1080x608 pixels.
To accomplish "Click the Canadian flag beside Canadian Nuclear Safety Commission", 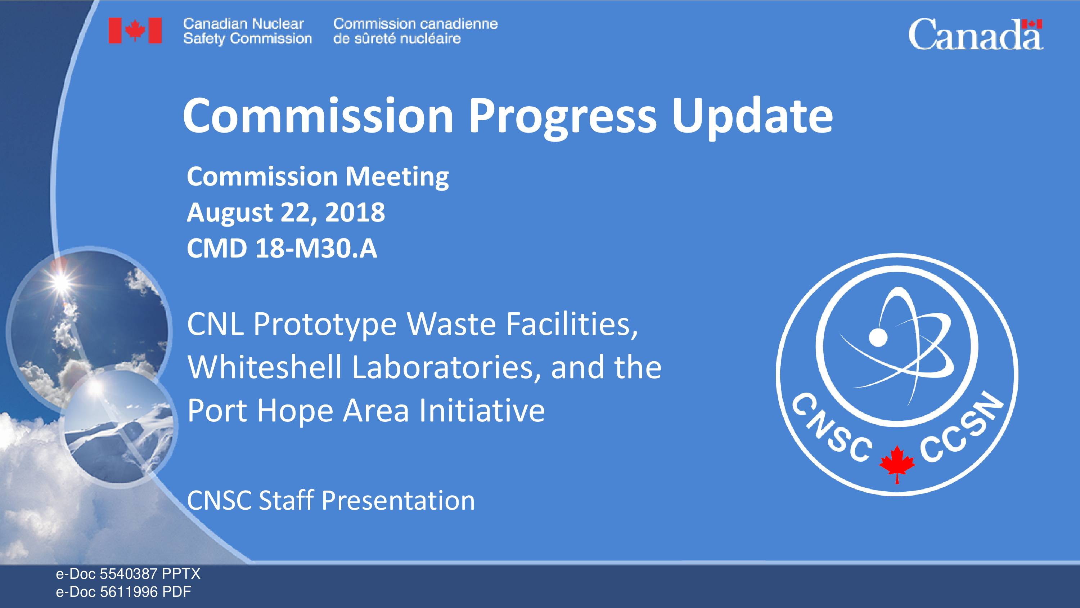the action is pos(135,31).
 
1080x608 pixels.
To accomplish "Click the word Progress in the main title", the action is pos(562,115).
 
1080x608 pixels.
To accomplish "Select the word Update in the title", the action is pos(752,115).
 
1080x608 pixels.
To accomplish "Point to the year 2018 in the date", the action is pos(355,212).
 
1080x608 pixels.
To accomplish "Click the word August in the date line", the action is pos(230,213).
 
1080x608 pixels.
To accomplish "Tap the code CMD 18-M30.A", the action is pos(282,249).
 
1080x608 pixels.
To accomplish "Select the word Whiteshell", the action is pos(265,367).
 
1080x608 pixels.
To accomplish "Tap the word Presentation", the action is pos(398,500).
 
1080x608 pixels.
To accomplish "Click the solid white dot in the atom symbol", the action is pos(878,336).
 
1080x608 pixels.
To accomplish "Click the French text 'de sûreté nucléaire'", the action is pos(397,39).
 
